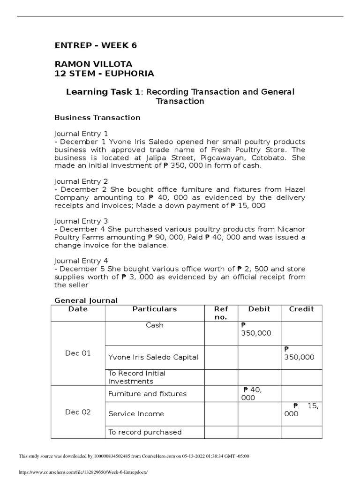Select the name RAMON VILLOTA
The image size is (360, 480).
pyautogui.click(x=93, y=64)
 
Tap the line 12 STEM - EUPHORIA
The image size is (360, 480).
pyautogui.click(x=104, y=73)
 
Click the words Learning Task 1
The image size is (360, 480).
pyautogui.click(x=103, y=92)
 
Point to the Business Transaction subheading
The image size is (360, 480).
pyautogui.click(x=97, y=117)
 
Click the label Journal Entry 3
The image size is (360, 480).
pyautogui.click(x=81, y=221)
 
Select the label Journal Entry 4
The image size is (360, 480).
pyautogui.click(x=81, y=261)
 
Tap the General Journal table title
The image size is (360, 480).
pyautogui.click(x=86, y=300)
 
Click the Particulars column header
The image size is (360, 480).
pyautogui.click(x=155, y=309)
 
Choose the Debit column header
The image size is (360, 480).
pyautogui.click(x=259, y=309)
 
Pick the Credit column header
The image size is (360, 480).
pyautogui.click(x=301, y=309)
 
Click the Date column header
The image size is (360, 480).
pyautogui.click(x=78, y=309)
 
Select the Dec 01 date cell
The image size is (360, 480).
pyautogui.click(x=78, y=353)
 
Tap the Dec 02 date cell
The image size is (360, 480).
pyautogui.click(x=78, y=412)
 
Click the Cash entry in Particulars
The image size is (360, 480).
pyautogui.click(x=155, y=325)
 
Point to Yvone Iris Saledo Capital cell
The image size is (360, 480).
pyautogui.click(x=153, y=357)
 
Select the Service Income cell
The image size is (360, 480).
pyautogui.click(x=136, y=414)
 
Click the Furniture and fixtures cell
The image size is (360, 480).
pyautogui.click(x=147, y=394)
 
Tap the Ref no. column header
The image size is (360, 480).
pyautogui.click(x=220, y=313)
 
